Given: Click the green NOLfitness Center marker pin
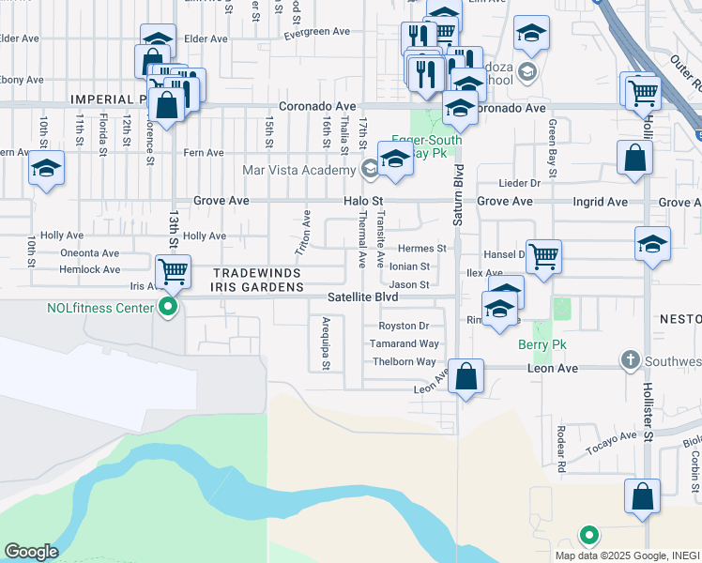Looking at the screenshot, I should [169, 306].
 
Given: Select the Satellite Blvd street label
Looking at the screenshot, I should [363, 297].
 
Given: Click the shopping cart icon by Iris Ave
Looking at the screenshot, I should [174, 272].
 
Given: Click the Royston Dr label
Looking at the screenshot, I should [404, 327].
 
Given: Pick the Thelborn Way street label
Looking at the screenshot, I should [404, 362].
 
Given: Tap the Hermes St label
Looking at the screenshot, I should [421, 249].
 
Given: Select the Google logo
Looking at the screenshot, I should [31, 552].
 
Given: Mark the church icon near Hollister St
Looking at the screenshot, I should [629, 359].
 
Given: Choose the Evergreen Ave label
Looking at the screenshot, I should [317, 32].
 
